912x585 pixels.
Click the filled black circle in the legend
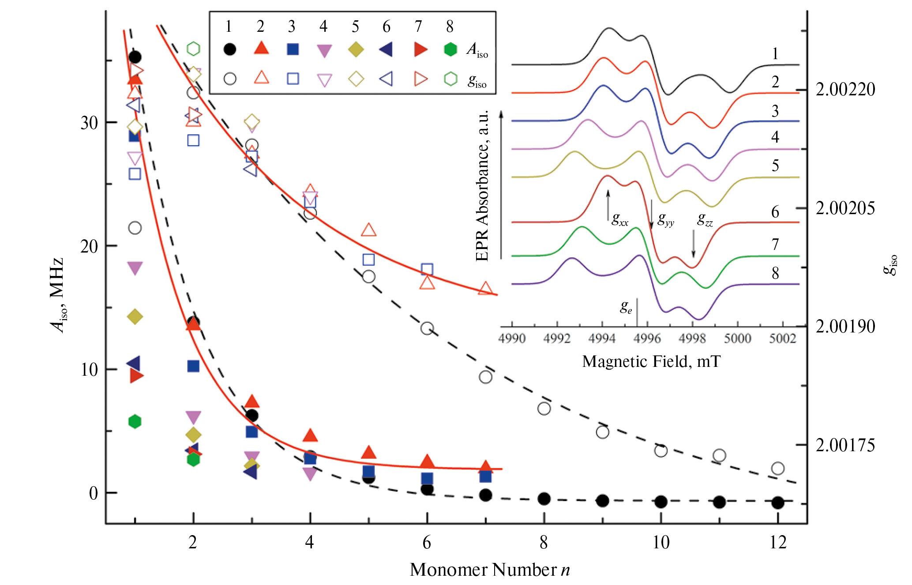229,49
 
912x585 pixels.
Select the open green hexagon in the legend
450,79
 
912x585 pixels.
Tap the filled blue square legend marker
293,49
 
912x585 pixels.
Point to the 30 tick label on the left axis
89,123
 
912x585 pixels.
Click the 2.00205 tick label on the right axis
845,208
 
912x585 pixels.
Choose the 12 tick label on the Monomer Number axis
778,542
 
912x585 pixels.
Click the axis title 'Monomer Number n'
490,570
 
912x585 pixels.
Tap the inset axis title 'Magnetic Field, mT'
651,361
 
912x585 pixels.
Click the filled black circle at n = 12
778,502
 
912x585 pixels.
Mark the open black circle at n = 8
544,408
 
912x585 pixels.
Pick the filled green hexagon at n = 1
135,422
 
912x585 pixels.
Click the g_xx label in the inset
619,219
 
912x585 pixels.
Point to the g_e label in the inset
626,306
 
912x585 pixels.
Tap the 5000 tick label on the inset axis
737,339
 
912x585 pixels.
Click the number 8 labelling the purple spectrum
775,273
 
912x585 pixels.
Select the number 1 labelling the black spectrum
775,54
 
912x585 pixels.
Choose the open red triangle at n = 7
485,288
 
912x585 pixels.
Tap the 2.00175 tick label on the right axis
845,445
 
